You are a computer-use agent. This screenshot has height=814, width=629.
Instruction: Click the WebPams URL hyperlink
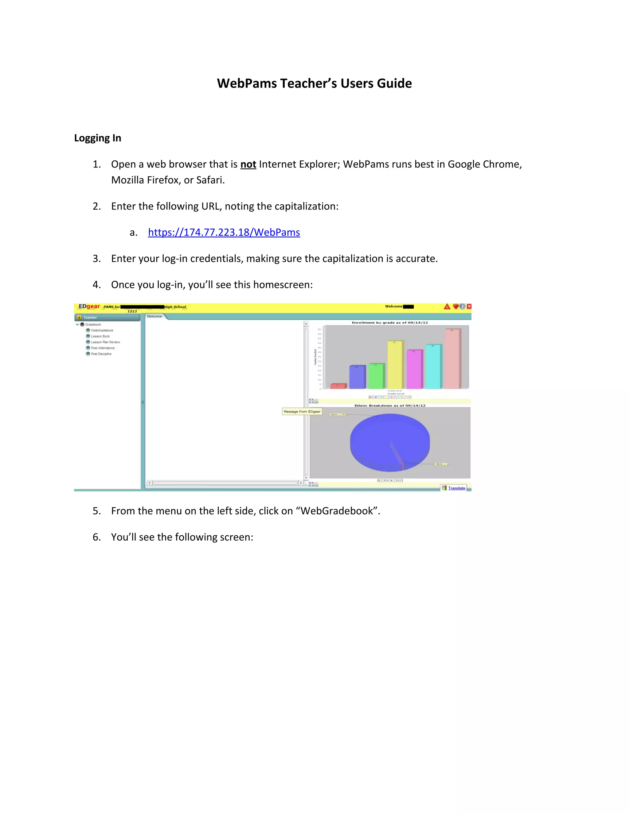224,232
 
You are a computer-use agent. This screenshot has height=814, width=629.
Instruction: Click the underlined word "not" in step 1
248,164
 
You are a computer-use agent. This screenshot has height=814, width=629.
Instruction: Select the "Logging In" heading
98,138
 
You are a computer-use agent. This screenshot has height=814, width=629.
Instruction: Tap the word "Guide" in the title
394,84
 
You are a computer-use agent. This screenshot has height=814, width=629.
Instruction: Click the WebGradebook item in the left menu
102,330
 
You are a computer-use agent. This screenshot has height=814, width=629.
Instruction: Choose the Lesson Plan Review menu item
105,342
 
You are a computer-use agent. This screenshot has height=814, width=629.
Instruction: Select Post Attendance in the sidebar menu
103,348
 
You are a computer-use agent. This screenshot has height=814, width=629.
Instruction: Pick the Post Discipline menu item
101,354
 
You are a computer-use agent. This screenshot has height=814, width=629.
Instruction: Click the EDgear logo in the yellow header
89,306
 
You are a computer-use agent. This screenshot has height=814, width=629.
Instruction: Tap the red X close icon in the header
469,306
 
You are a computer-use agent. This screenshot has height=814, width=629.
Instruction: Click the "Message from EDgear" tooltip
302,412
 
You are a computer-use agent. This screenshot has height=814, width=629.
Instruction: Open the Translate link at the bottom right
456,488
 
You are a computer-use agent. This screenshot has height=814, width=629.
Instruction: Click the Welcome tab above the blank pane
155,316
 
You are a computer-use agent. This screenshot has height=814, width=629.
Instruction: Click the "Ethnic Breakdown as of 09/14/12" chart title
390,405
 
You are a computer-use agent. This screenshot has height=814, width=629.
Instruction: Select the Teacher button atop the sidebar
107,318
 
